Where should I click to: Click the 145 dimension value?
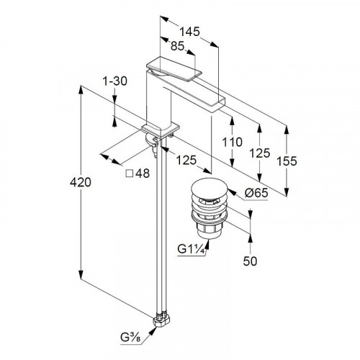click(189, 32)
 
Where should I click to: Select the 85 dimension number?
click(177, 46)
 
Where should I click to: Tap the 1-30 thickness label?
click(114, 81)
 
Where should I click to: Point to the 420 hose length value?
click(81, 182)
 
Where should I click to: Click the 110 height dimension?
click(232, 142)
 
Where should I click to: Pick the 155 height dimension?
click(287, 161)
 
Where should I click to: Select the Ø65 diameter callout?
click(256, 192)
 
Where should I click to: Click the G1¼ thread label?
click(192, 249)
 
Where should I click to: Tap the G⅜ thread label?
click(130, 338)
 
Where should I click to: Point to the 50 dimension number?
click(250, 261)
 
